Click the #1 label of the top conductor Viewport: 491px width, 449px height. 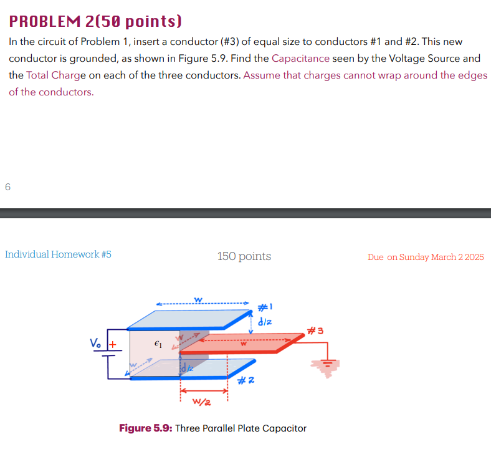(x=264, y=307)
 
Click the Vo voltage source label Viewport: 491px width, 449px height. (x=95, y=342)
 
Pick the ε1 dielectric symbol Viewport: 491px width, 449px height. (x=158, y=343)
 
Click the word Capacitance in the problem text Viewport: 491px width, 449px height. (x=300, y=59)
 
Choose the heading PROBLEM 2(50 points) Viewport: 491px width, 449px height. (x=95, y=22)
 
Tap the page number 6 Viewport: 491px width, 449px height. (x=7, y=186)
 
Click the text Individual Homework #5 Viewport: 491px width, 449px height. (x=58, y=254)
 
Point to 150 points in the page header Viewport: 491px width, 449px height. (x=244, y=256)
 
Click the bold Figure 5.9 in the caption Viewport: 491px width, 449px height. (x=145, y=428)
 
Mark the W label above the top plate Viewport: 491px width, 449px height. (x=198, y=301)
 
